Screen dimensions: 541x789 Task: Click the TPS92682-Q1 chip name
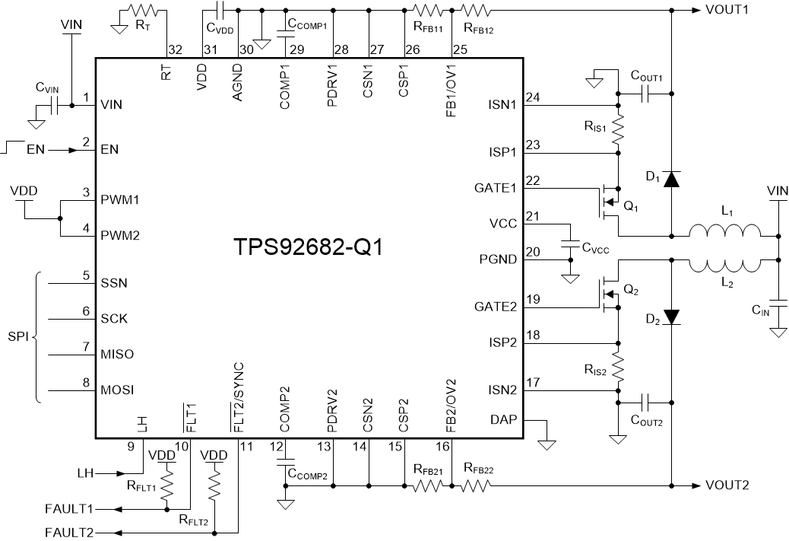(309, 248)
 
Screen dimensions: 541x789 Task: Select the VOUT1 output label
(727, 11)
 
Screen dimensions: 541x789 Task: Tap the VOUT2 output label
(727, 485)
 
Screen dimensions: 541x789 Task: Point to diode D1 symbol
(670, 179)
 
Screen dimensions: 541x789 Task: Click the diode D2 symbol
(670, 316)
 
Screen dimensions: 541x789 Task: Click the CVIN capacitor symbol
(52, 106)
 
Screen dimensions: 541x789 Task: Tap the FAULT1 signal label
(69, 508)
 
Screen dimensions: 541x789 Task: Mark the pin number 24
(533, 97)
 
